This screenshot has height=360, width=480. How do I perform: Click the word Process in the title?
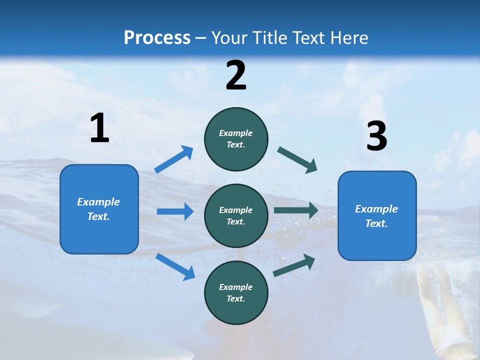tap(157, 37)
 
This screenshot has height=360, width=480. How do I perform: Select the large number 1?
tap(99, 128)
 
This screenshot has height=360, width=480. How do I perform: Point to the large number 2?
tap(236, 75)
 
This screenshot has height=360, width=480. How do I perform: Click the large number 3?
tap(376, 136)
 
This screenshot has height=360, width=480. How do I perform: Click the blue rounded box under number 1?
tap(99, 209)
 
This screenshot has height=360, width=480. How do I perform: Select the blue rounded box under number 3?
tap(377, 216)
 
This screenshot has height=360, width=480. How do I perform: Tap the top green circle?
tap(236, 139)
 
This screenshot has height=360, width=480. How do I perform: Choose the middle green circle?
tap(236, 216)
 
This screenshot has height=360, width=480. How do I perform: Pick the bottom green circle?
tap(236, 293)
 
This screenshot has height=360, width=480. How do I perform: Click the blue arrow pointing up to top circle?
tap(174, 159)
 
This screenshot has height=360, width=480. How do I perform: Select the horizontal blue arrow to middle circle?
tap(175, 211)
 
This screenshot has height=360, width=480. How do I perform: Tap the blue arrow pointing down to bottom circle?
tap(175, 266)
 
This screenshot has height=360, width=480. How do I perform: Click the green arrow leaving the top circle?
tap(297, 160)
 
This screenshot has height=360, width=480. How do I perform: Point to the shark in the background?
tap(30, 306)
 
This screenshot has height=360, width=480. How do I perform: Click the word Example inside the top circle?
tap(236, 133)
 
